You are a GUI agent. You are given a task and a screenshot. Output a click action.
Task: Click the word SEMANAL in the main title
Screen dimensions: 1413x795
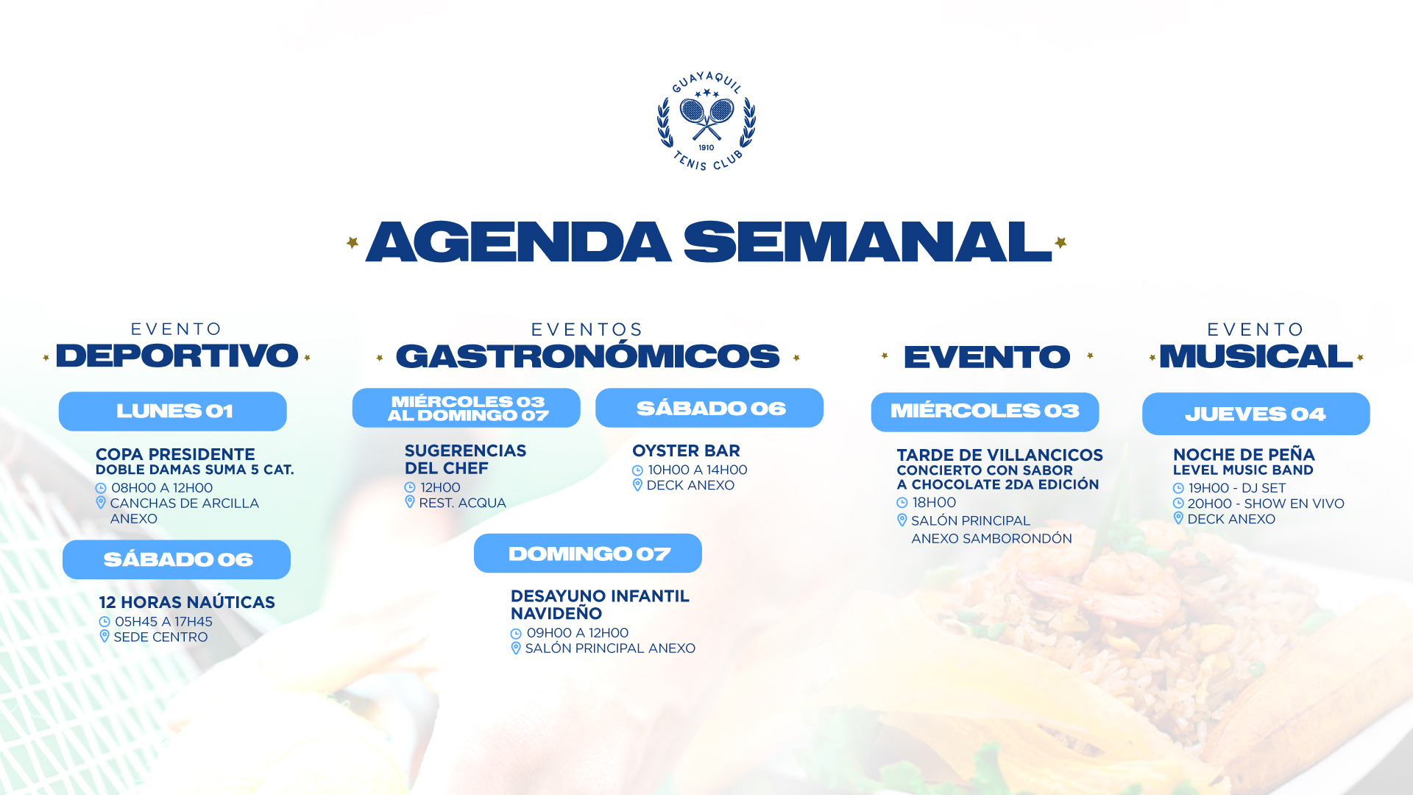click(868, 241)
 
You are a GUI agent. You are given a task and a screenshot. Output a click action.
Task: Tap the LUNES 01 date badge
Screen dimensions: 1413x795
click(173, 411)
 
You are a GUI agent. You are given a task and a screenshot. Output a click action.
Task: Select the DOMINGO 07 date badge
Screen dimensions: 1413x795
click(588, 554)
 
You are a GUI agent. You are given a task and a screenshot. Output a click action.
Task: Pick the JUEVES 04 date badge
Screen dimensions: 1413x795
click(1256, 414)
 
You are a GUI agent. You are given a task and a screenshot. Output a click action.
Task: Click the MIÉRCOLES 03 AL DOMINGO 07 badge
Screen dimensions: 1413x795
click(467, 408)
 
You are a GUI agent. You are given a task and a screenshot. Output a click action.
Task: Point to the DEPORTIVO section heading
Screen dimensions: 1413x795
click(177, 356)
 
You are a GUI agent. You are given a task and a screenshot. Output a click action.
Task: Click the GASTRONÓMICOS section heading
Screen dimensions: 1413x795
click(587, 356)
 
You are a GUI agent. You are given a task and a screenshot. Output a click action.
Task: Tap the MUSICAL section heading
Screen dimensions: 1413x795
click(1256, 356)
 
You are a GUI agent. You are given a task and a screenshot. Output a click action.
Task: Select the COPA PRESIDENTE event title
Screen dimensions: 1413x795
click(175, 454)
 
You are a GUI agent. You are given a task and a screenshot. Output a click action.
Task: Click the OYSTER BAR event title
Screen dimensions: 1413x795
click(686, 451)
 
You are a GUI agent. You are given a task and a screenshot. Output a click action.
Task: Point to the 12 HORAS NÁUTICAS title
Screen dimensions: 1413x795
click(187, 602)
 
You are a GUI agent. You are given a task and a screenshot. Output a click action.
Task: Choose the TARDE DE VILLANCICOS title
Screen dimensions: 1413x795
click(999, 455)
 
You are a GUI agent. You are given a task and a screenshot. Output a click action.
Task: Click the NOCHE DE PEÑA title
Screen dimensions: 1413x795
click(1244, 454)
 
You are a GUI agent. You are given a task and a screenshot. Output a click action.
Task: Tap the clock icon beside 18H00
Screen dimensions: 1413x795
click(902, 503)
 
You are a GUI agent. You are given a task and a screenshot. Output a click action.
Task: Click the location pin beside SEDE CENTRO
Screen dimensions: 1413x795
click(105, 637)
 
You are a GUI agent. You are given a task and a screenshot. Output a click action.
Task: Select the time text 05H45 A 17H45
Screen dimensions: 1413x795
click(163, 622)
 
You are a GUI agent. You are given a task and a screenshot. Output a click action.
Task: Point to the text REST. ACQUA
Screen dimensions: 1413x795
click(462, 503)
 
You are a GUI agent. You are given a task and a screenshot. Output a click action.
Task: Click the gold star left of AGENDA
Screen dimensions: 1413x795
click(353, 242)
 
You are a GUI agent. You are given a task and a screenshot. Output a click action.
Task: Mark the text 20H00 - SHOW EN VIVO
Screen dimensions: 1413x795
click(1266, 504)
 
